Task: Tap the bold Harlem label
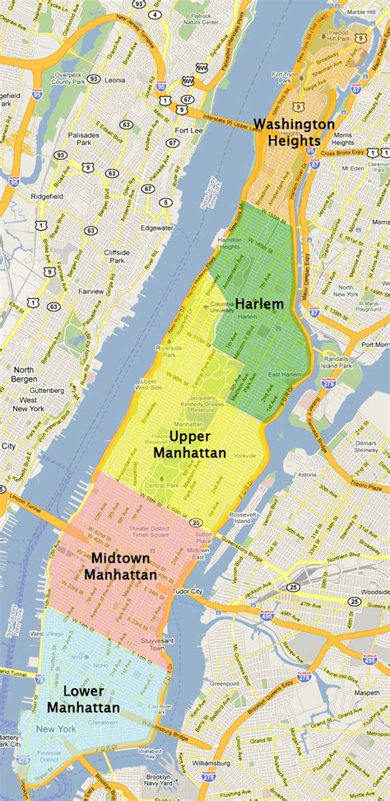(x=259, y=303)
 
